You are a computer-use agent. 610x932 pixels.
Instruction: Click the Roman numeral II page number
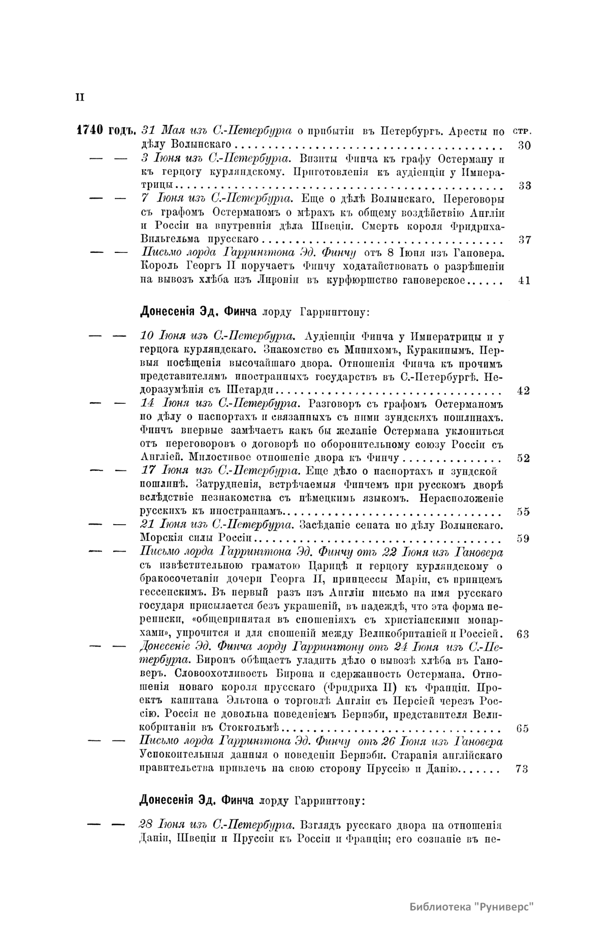[79, 97]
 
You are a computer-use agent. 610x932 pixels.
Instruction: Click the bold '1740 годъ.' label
[105, 131]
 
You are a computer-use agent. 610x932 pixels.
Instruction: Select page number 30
[524, 145]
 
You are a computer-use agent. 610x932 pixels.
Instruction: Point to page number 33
[524, 185]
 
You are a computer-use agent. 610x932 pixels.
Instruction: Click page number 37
[524, 239]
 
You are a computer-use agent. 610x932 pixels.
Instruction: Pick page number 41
[524, 280]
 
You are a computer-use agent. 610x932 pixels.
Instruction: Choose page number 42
[523, 391]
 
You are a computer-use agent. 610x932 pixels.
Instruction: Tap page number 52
[523, 458]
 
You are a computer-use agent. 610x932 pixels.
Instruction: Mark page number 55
[523, 512]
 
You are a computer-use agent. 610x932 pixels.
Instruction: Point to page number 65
[522, 728]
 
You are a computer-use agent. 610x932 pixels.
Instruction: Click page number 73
[522, 769]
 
